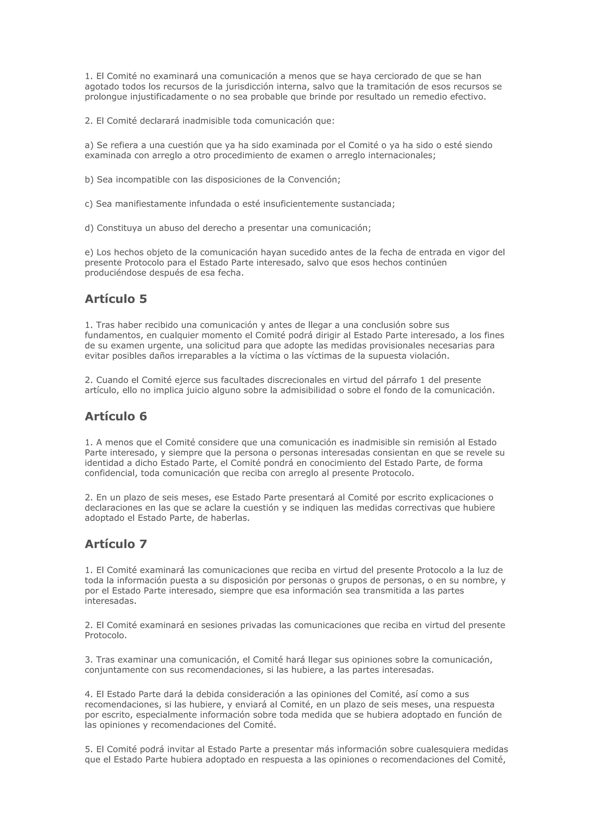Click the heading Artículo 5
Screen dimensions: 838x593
pyautogui.click(x=116, y=299)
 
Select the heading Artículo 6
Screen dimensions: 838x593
pyautogui.click(x=116, y=416)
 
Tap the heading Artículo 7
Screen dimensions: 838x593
pyautogui.click(x=116, y=544)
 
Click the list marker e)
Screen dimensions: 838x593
pyautogui.click(x=89, y=253)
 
